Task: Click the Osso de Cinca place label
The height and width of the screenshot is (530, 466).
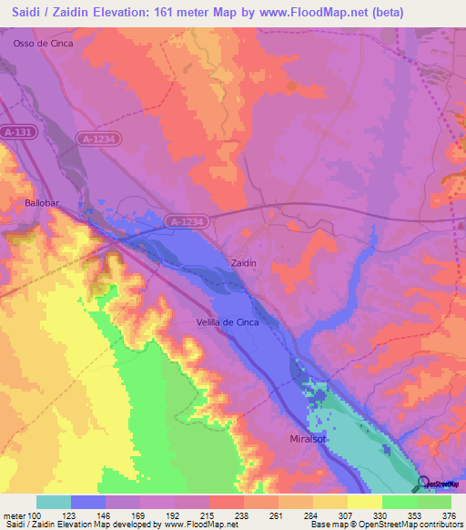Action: pos(42,43)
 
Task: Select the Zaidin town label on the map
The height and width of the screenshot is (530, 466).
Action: pos(244,262)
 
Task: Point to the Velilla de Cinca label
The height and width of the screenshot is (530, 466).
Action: pos(228,322)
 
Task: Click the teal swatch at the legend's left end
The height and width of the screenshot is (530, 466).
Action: pos(53,502)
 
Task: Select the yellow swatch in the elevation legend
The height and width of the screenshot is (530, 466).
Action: pos(364,502)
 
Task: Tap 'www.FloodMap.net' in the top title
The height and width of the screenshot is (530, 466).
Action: pos(309,10)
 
